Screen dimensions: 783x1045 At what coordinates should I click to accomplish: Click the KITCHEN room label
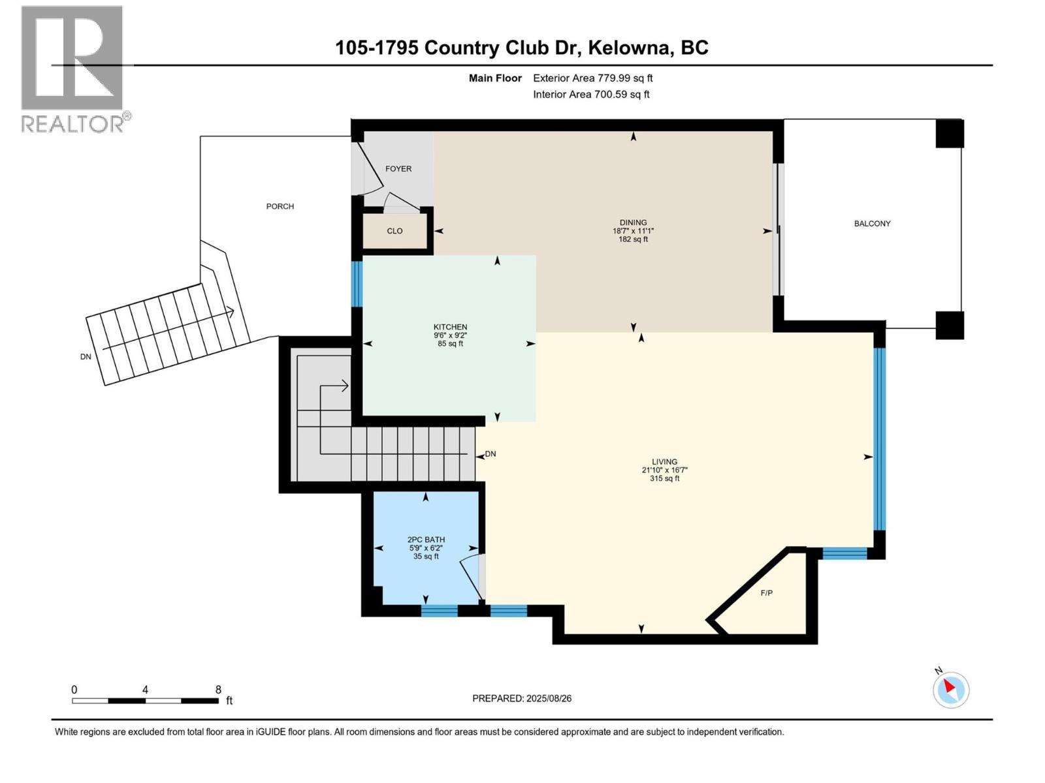coord(450,327)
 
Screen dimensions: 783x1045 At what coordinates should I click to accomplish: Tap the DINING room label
coord(633,223)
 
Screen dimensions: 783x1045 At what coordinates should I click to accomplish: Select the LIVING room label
coord(664,461)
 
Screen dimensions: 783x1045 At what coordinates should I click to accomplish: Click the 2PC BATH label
coord(426,540)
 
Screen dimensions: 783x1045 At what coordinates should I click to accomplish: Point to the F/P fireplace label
coord(766,593)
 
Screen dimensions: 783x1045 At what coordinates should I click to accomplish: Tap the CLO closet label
coord(394,231)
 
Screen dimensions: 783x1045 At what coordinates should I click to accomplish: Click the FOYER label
coord(398,168)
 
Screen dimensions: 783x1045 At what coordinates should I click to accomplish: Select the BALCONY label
coord(872,223)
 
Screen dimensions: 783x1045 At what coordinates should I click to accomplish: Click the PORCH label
coord(280,206)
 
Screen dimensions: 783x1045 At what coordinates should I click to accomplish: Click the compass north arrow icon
coord(950,690)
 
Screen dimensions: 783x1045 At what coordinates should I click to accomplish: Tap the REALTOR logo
coord(72,69)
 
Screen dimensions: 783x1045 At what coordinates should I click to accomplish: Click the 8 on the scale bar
coord(218,690)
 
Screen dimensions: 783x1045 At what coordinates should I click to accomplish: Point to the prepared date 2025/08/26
coord(547,698)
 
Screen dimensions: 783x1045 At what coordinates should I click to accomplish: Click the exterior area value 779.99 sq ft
coord(625,78)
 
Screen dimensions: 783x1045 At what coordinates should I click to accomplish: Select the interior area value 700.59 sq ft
coord(621,94)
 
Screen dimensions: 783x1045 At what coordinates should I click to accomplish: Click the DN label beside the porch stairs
coord(86,357)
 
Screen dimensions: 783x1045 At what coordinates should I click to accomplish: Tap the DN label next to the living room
coord(490,454)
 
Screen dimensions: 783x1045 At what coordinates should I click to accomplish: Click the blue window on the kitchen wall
coord(357,284)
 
